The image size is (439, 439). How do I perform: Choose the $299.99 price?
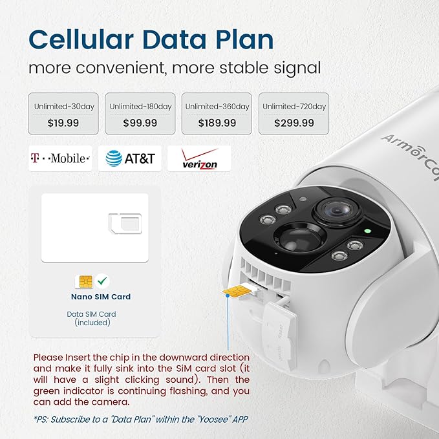click(x=294, y=122)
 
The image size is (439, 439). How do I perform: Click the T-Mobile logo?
click(x=60, y=158)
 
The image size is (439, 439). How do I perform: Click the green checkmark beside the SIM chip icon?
click(x=102, y=281)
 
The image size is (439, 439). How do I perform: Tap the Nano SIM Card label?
click(x=101, y=297)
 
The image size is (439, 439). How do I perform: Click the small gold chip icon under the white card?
click(x=85, y=281)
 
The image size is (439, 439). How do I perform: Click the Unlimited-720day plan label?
click(x=294, y=106)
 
